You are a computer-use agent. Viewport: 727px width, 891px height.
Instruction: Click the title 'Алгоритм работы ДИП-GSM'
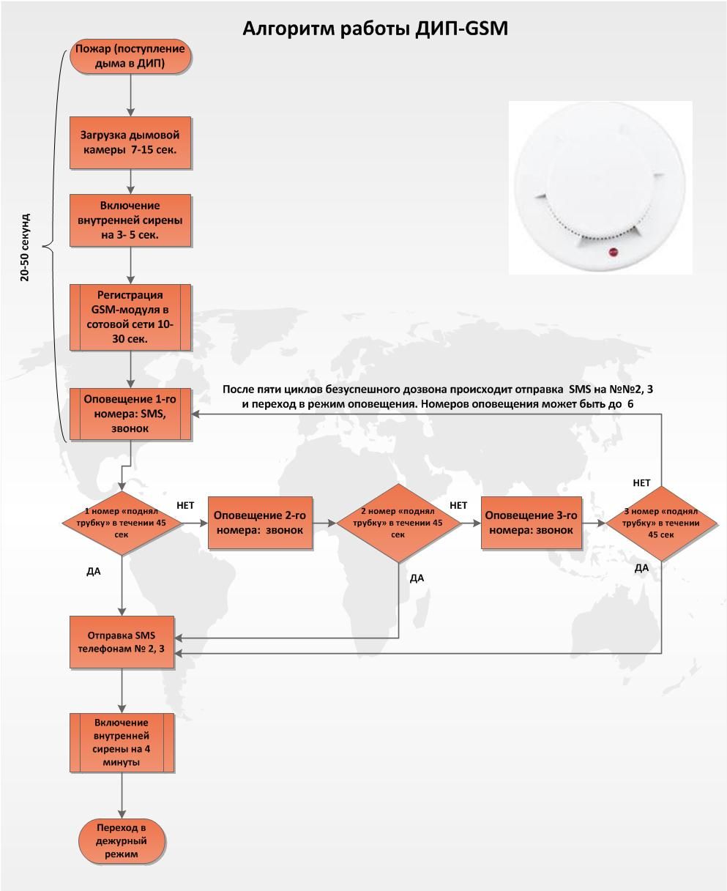[x=375, y=28]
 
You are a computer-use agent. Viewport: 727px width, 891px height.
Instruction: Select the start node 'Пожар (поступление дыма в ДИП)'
[x=130, y=57]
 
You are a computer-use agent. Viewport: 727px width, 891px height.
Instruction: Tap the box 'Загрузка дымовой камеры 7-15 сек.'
[x=130, y=143]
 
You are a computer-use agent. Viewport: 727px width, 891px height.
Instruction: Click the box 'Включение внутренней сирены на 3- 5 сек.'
[x=130, y=220]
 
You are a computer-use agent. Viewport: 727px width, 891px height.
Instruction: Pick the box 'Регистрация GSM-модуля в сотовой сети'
[x=130, y=318]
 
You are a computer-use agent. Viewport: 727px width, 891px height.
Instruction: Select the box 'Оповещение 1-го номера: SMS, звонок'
[x=130, y=414]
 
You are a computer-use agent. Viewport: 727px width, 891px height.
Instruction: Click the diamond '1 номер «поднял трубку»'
[x=121, y=523]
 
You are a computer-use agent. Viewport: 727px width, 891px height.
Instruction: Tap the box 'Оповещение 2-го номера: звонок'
[x=260, y=523]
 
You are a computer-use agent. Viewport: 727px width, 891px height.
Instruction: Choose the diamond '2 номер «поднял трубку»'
[x=398, y=523]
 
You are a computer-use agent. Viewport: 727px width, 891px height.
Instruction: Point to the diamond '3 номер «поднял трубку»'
[x=661, y=523]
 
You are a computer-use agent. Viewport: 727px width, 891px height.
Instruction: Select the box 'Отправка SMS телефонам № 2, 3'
[x=122, y=642]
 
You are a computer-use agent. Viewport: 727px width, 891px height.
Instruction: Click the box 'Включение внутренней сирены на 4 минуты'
[x=122, y=742]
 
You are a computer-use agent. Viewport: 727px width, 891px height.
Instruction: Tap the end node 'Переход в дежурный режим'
[x=122, y=840]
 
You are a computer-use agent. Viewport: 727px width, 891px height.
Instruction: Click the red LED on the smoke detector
[x=613, y=253]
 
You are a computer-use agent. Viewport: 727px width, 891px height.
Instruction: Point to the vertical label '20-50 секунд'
[x=26, y=247]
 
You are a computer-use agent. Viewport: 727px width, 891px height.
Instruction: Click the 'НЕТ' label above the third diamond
[x=641, y=483]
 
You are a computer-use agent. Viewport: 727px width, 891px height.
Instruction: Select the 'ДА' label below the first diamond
[x=93, y=571]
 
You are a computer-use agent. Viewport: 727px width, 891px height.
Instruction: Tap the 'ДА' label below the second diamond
[x=417, y=578]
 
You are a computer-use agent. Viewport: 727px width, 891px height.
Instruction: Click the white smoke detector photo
[x=600, y=187]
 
